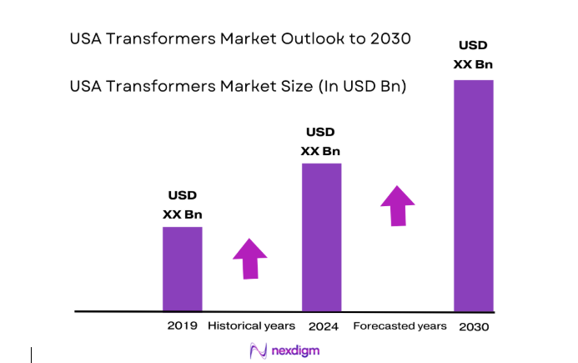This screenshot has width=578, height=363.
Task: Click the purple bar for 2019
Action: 182,268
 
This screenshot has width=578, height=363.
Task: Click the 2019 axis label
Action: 183,325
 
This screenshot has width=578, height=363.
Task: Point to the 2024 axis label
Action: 323,325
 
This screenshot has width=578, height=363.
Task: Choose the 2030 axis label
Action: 474,326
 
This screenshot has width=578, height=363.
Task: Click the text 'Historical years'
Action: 251,325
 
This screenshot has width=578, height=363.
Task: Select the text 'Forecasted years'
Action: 400,325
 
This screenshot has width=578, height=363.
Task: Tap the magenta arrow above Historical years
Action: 249,258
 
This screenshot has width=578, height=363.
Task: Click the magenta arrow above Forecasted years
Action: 398,205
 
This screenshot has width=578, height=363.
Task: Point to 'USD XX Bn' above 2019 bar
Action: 182,204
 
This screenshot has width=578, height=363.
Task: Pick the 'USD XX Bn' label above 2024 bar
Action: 321,141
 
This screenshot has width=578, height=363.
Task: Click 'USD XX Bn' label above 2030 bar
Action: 473,54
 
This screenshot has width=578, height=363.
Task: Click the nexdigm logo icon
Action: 259,350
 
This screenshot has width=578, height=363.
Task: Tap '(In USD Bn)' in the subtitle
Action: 363,85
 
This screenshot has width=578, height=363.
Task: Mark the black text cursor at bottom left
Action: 32,355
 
